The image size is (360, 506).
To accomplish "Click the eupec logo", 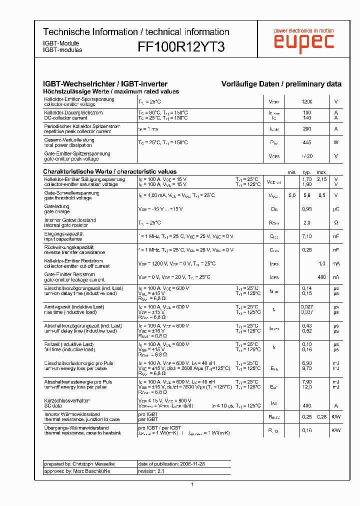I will (303, 42).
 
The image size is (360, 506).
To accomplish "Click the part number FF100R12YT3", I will (181, 47).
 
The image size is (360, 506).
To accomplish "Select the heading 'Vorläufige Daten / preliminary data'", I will (281, 84).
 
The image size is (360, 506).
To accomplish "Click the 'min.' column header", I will (292, 172).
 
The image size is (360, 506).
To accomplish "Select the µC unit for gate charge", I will (336, 209).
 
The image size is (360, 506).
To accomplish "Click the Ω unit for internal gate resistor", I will (336, 222).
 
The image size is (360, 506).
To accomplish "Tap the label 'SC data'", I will (53, 405).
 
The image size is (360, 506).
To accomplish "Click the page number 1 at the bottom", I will (192, 484).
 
